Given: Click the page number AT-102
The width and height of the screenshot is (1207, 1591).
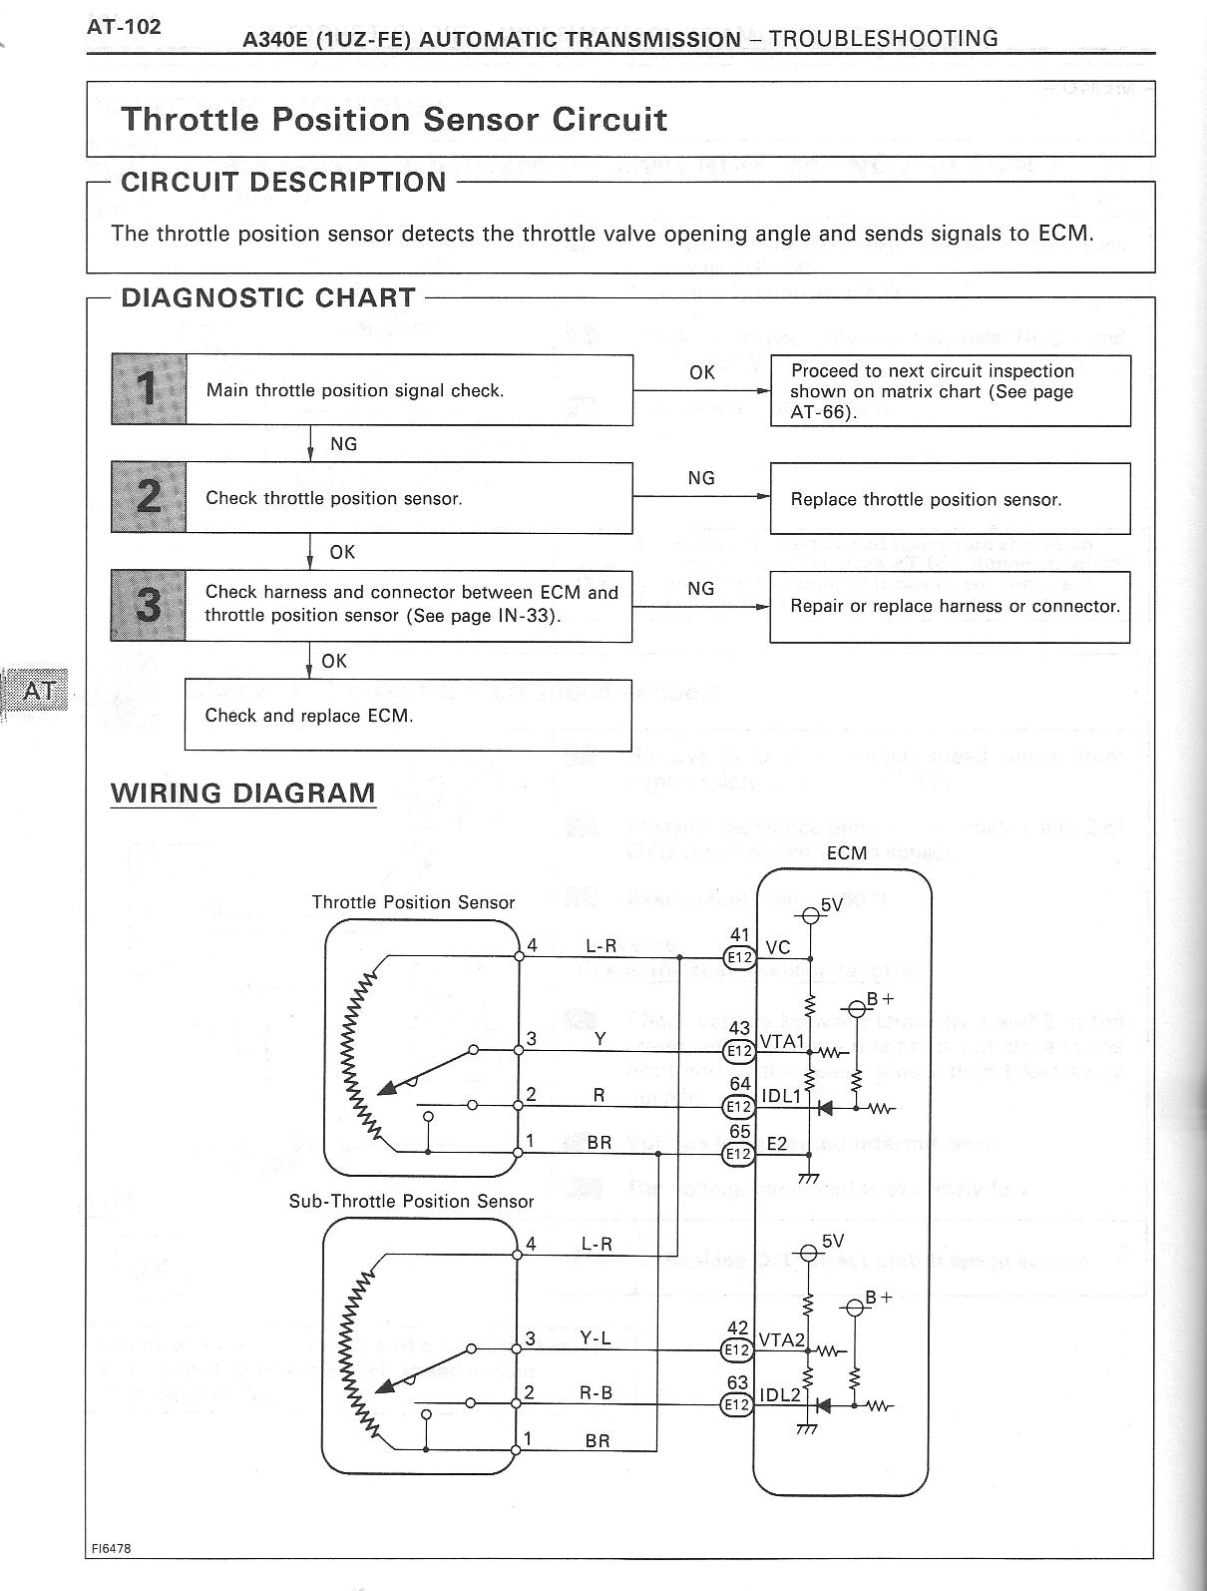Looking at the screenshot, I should [124, 27].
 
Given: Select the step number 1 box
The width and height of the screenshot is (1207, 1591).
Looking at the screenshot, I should [149, 389].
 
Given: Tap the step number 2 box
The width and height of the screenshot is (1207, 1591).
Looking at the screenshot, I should [149, 497].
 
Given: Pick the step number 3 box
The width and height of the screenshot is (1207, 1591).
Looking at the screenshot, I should [149, 605].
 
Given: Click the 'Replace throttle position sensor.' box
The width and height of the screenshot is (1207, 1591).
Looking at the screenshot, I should [950, 499].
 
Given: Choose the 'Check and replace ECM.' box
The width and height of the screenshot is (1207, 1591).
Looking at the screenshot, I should [408, 716].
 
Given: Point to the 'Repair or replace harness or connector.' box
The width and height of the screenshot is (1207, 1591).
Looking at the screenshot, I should [950, 607].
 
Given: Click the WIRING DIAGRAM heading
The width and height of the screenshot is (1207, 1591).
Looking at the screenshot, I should [243, 794].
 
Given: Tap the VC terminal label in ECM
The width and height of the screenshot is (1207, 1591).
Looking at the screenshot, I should [778, 948].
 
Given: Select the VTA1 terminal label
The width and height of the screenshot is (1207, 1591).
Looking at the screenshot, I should [782, 1042].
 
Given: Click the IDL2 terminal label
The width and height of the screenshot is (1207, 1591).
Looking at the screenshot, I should [780, 1394].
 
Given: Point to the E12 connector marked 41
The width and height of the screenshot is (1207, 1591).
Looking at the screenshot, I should [739, 957].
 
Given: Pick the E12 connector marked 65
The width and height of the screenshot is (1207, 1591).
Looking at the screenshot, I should [739, 1154].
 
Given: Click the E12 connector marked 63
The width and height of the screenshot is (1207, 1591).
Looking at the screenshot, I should [737, 1404].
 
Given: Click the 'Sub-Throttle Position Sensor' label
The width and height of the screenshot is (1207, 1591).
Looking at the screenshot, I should [411, 1202].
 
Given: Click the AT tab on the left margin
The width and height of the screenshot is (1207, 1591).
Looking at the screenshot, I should [39, 690].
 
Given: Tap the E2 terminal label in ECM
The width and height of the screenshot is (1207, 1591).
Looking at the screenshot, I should [777, 1145].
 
